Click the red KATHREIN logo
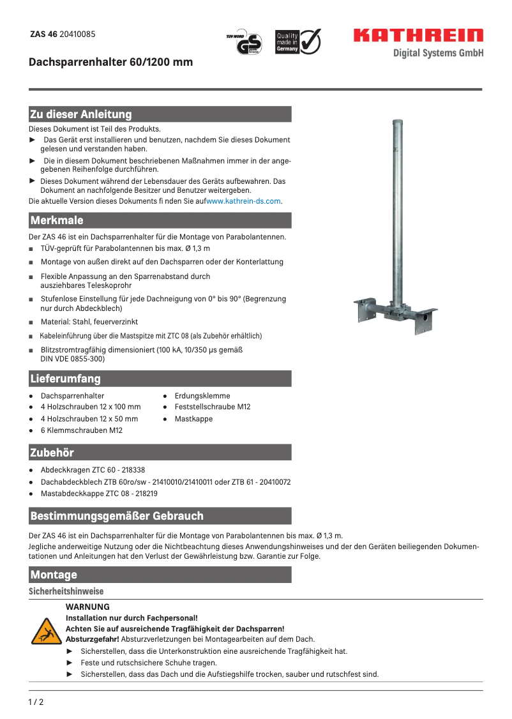(x=418, y=36)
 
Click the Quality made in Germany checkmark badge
(x=298, y=42)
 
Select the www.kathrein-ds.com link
(x=243, y=201)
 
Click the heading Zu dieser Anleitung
(x=80, y=114)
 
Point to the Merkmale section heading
(x=57, y=220)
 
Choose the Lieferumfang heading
(x=65, y=379)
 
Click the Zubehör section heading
(x=52, y=453)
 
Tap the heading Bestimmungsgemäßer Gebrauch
(x=117, y=515)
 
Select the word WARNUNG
(x=87, y=607)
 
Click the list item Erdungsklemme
(x=202, y=396)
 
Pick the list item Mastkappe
(x=193, y=419)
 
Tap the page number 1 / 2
(x=36, y=703)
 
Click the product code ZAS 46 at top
(x=43, y=34)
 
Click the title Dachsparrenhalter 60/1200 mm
(x=110, y=63)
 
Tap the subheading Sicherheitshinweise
(x=66, y=592)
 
